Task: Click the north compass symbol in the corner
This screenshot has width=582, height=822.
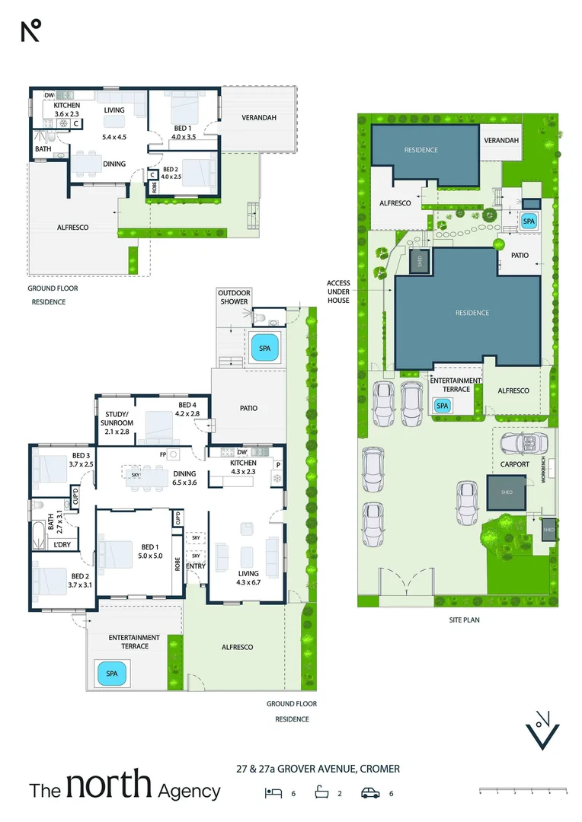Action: point(30,31)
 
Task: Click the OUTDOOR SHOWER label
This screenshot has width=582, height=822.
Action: point(234,297)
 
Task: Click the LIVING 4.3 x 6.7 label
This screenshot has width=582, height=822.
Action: point(248,578)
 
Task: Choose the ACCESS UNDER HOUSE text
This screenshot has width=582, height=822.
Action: point(338,292)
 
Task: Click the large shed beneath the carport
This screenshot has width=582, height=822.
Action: point(507,493)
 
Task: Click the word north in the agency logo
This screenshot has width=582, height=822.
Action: point(110,788)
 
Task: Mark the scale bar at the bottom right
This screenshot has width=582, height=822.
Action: point(523,792)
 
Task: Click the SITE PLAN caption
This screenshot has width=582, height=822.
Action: point(464,620)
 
